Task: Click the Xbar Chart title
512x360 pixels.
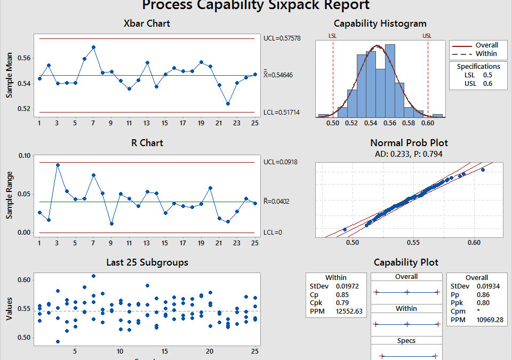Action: (x=147, y=23)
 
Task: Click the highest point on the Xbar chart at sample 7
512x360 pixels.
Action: (x=93, y=47)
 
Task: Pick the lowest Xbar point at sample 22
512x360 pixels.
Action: (x=228, y=103)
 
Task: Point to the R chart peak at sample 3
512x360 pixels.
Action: (x=58, y=165)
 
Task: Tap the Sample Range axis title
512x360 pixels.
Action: (x=9, y=195)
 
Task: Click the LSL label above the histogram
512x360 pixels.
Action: (x=332, y=36)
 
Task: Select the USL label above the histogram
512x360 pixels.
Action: (x=427, y=36)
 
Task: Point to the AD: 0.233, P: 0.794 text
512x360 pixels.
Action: (x=409, y=154)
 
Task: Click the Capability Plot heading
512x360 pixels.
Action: (x=406, y=262)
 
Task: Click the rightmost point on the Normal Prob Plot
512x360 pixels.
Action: (x=483, y=170)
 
